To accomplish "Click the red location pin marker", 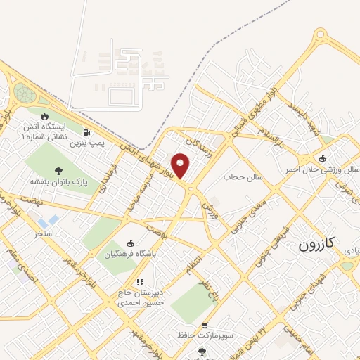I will [x=181, y=165].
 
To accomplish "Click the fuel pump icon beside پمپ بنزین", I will [x=86, y=131].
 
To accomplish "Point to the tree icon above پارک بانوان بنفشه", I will [x=58, y=170].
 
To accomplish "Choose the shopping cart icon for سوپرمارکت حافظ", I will [x=205, y=326].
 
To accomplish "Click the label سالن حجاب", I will [x=243, y=177].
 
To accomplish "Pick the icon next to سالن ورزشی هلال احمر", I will [x=323, y=158].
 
